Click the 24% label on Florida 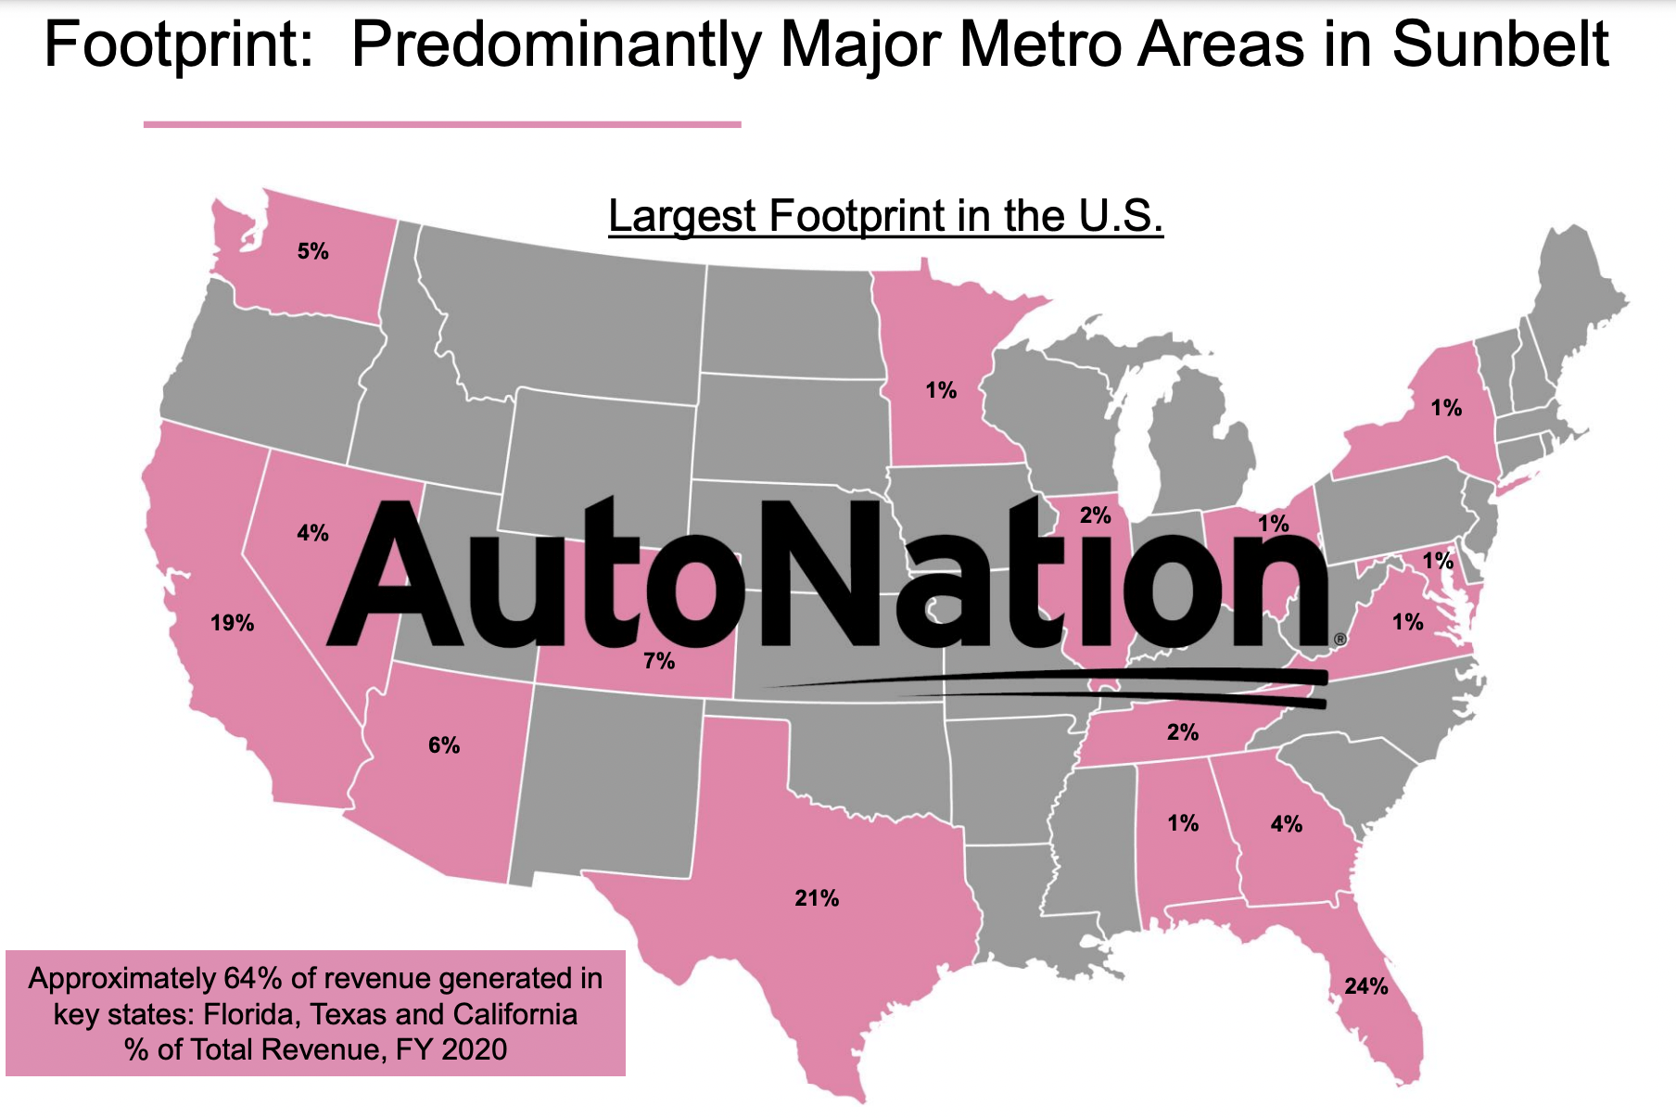coord(1366,986)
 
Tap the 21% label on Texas coord(817,898)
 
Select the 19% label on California coord(232,623)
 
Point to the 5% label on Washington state coord(313,251)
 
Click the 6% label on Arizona coord(444,745)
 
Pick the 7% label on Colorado coord(659,661)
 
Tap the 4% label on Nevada coord(312,533)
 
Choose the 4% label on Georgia coord(1287,824)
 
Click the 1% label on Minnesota coord(941,390)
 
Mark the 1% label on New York coord(1446,408)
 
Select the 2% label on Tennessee coord(1183,732)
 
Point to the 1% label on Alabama coord(1183,823)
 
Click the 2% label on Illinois coord(1096,515)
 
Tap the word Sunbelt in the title coord(1501,44)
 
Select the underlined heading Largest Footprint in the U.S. coord(885,216)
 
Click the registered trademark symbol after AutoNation coord(1340,639)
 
